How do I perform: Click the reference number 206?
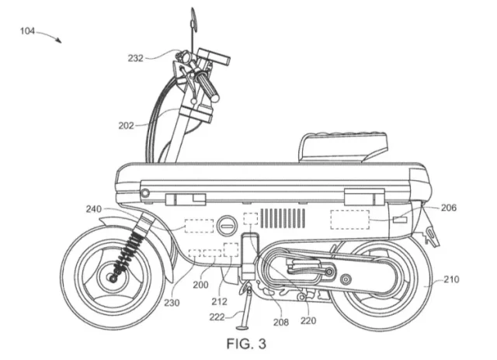click(x=448, y=208)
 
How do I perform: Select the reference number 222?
click(x=217, y=317)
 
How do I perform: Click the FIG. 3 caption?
click(x=249, y=343)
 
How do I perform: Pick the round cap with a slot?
click(x=226, y=227)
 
